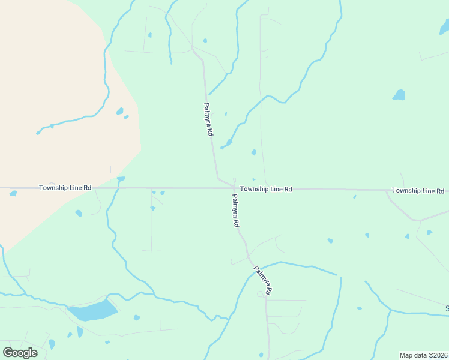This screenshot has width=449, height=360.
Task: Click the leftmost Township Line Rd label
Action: tap(65, 188)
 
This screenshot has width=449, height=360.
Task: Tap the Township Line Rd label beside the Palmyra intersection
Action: tap(266, 189)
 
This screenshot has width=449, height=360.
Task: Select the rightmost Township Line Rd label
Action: tap(418, 191)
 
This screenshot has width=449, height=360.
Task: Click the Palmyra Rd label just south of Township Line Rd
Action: tap(235, 210)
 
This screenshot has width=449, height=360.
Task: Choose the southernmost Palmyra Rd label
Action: tap(263, 281)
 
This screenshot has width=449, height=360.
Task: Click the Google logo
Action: tap(20, 353)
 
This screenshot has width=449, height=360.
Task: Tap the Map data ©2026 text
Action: tap(423, 355)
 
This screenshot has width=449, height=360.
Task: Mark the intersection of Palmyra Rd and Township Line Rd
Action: tap(234, 188)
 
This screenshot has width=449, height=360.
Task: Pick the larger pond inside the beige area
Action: tap(120, 111)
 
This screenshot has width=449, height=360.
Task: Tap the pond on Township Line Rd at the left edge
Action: tap(13, 193)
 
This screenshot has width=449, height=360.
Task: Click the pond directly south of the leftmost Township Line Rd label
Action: tap(79, 213)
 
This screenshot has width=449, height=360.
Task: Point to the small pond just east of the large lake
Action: tap(137, 317)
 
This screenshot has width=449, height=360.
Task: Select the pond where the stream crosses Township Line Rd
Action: tap(121, 179)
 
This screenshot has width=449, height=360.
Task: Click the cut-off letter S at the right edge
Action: tap(447, 309)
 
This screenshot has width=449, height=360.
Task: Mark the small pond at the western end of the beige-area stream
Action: tap(38, 133)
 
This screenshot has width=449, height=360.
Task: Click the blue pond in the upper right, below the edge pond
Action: tap(399, 95)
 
